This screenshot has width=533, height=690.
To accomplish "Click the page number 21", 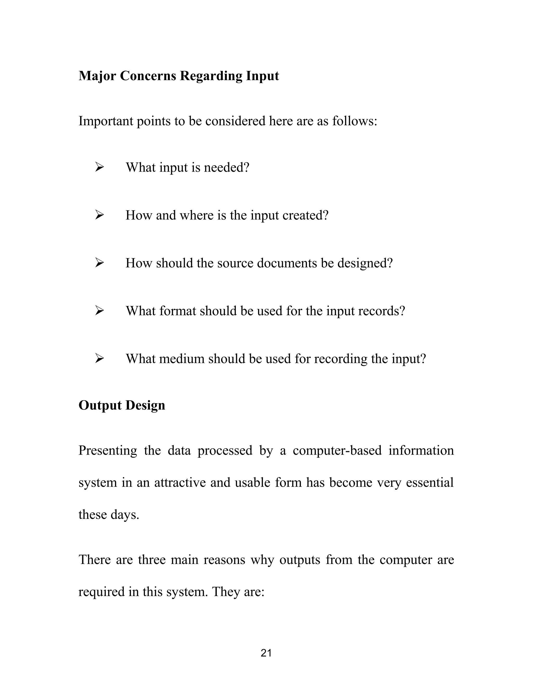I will [266, 653].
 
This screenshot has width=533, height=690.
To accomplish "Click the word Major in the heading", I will [97, 76].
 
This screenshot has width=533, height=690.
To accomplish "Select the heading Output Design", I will [122, 405].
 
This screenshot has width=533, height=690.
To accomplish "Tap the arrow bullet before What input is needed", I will [99, 167].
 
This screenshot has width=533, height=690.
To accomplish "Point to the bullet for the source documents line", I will [99, 263].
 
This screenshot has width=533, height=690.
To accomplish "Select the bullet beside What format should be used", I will [99, 311].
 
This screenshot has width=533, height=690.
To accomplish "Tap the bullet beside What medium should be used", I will [99, 359].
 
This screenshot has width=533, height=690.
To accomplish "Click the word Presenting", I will [108, 451].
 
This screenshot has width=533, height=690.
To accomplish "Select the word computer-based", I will [337, 451].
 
